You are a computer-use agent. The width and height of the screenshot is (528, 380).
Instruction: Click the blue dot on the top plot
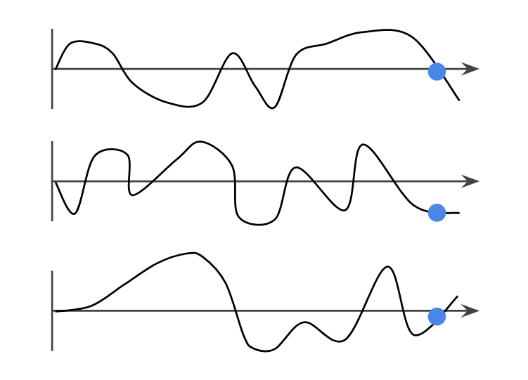click(x=437, y=71)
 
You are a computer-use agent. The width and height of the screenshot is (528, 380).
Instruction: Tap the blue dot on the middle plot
click(x=437, y=212)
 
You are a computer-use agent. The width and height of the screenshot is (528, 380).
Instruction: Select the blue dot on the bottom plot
click(x=437, y=317)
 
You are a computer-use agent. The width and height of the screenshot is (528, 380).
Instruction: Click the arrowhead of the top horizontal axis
click(x=472, y=69)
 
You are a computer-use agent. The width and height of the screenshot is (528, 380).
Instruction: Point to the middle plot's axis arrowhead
click(x=472, y=181)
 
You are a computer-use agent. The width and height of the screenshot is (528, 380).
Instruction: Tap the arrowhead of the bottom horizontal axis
click(x=472, y=310)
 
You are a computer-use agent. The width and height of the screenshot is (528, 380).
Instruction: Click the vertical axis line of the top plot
click(x=53, y=69)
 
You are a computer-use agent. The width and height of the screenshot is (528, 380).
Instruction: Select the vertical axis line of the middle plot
click(x=53, y=181)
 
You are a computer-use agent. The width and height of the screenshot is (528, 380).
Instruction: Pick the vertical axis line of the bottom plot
click(x=53, y=310)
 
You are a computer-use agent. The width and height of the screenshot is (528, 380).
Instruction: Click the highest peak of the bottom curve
click(x=194, y=253)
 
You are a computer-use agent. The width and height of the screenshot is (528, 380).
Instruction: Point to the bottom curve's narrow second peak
click(x=386, y=267)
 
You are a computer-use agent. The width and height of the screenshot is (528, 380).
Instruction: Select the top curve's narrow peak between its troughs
click(x=234, y=53)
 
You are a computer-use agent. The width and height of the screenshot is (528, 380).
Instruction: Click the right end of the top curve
click(x=459, y=100)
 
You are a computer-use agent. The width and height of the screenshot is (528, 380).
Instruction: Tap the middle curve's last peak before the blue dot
click(x=362, y=145)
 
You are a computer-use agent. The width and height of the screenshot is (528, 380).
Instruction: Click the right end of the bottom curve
click(x=458, y=296)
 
